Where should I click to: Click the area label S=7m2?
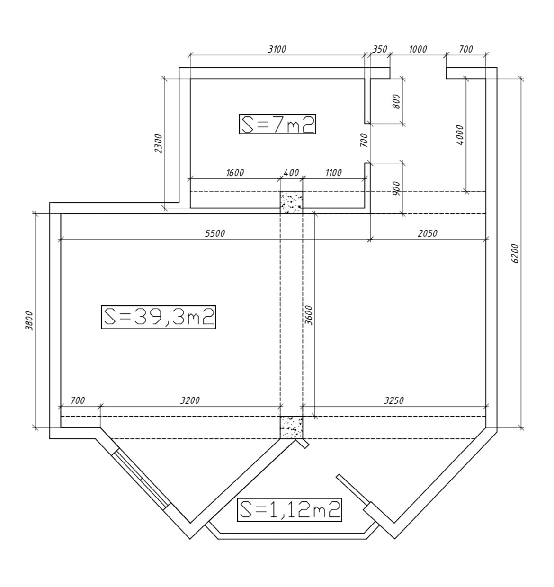point(277,124)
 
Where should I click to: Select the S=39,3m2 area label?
point(158,317)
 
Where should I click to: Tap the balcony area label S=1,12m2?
point(289,509)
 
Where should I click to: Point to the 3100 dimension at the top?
point(277,49)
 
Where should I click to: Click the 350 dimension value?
point(379,49)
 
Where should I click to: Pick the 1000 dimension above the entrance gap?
point(418,49)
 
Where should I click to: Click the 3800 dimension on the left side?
point(29,320)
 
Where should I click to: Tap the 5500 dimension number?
point(215,233)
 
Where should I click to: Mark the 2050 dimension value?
point(428,233)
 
